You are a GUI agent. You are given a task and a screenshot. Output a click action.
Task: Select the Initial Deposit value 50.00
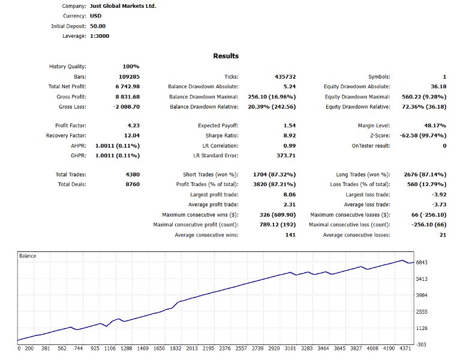pyautogui.click(x=98, y=26)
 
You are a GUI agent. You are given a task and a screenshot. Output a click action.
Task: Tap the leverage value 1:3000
pyautogui.click(x=100, y=36)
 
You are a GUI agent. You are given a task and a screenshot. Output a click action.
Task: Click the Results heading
pyautogui.click(x=226, y=56)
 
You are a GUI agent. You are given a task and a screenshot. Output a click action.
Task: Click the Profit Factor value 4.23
pyautogui.click(x=131, y=125)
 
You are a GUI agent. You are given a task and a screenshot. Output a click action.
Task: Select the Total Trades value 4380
pyautogui.click(x=131, y=174)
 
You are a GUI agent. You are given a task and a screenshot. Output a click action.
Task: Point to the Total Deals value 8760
pyautogui.click(x=131, y=184)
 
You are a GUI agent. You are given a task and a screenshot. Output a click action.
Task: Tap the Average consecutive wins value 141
pyautogui.click(x=290, y=235)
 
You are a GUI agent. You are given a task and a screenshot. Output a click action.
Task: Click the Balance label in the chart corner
pyautogui.click(x=28, y=256)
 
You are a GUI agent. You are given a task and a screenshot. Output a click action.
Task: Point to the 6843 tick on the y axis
pyautogui.click(x=438, y=263)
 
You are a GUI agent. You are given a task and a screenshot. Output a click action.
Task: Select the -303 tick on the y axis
pyautogui.click(x=438, y=344)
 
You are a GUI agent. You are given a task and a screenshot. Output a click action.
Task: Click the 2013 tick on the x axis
pyautogui.click(x=192, y=348)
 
